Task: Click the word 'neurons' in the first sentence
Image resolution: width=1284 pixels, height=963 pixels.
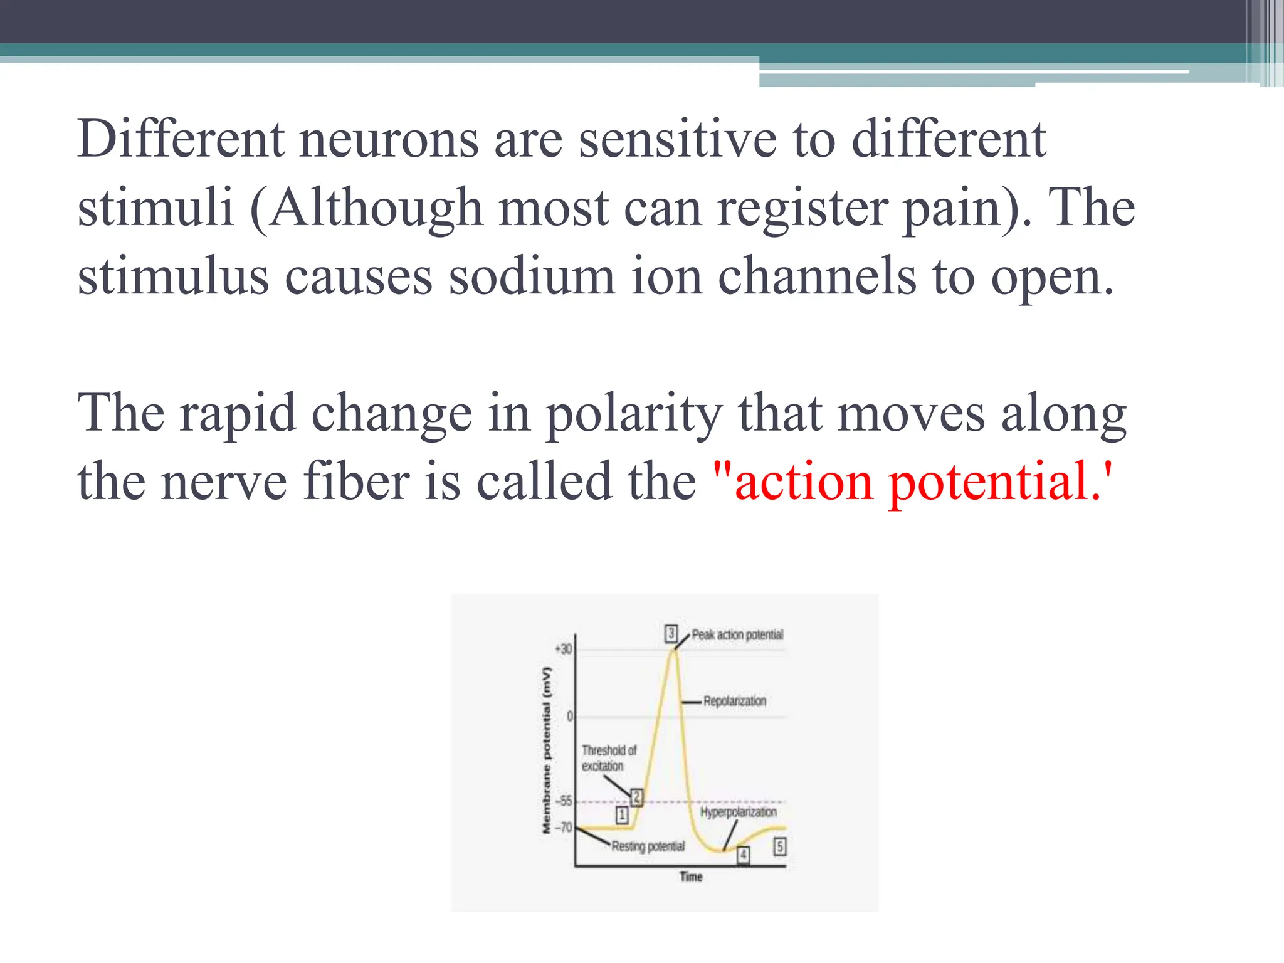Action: [389, 140]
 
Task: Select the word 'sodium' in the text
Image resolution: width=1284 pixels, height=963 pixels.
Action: [532, 277]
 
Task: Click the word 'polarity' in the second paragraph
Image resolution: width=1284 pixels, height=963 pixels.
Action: [634, 414]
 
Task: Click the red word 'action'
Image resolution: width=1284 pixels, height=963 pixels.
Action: [804, 482]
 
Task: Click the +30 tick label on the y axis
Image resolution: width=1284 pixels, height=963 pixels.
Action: [564, 649]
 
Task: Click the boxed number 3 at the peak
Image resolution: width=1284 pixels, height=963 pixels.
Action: [671, 633]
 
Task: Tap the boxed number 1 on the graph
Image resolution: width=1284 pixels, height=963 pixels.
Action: [622, 814]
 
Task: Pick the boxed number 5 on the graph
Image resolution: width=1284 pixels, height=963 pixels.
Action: [779, 846]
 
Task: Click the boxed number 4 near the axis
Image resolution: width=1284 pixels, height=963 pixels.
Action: [743, 854]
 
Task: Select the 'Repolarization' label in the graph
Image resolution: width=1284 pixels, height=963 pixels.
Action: [734, 701]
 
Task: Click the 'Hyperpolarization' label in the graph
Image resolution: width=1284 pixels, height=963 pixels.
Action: [738, 812]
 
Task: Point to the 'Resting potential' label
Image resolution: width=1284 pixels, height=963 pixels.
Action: [648, 846]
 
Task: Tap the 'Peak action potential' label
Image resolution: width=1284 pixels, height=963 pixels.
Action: [737, 634]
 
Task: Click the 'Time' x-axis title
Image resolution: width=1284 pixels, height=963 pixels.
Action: [691, 876]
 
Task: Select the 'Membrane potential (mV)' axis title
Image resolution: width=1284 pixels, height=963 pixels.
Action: [547, 751]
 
